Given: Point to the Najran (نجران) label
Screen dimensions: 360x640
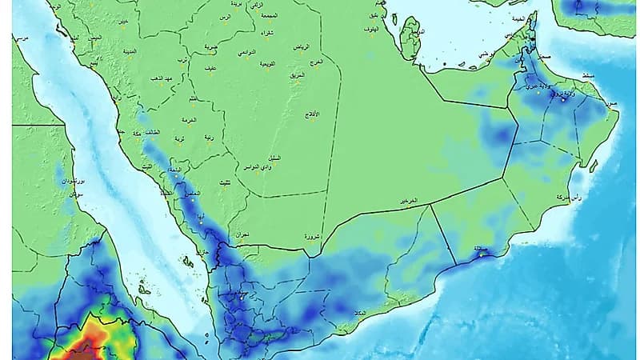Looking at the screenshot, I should [x=238, y=234].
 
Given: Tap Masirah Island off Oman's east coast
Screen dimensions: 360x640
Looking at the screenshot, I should [x=593, y=166].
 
